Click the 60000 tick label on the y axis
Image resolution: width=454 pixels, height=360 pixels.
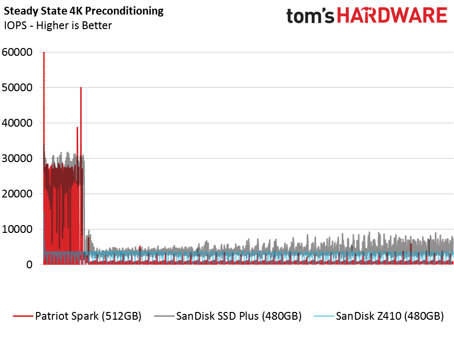[x=17, y=52]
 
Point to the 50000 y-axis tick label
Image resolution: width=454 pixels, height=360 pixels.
[x=17, y=88]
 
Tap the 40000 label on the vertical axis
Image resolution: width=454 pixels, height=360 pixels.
[x=17, y=123]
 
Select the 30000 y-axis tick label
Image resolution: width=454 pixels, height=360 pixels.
[x=17, y=159]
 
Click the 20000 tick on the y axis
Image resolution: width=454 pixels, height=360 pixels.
[x=17, y=194]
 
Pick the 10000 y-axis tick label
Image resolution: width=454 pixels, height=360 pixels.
[x=17, y=229]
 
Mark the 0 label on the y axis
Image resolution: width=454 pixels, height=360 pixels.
[x=29, y=265]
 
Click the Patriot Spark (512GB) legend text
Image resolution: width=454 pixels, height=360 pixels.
[x=88, y=316]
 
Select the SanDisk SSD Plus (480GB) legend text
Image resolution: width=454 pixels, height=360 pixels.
[x=239, y=316]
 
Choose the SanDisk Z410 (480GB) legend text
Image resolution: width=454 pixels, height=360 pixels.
[x=390, y=316]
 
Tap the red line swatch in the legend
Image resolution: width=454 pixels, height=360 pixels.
[x=23, y=316]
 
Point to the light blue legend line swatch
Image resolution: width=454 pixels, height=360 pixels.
[x=324, y=316]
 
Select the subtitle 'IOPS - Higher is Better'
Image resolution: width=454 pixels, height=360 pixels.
[x=58, y=25]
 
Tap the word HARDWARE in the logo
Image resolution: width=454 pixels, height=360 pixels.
[x=392, y=15]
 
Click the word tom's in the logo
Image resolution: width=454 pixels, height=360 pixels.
[x=310, y=16]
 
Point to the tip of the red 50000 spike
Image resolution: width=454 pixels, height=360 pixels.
[x=81, y=87]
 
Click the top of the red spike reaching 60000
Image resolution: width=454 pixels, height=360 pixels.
[x=44, y=52]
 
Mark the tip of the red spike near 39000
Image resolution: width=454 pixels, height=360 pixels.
[x=77, y=127]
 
